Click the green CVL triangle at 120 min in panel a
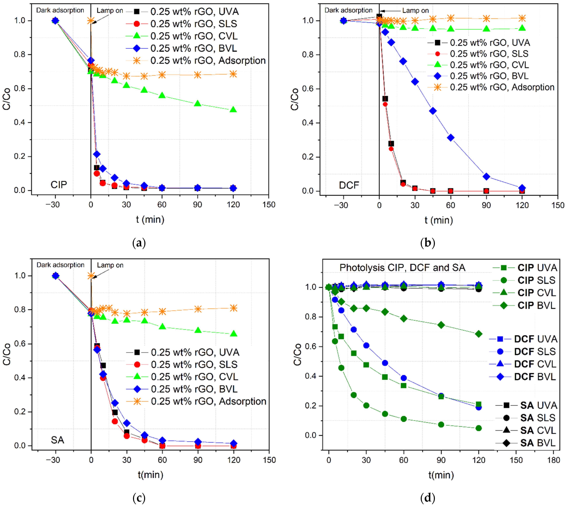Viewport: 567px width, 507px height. (x=233, y=109)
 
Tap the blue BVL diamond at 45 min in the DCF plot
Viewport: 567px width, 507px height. (x=433, y=111)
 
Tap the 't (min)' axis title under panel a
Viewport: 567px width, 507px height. (x=150, y=220)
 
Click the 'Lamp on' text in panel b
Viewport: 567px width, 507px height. (x=415, y=11)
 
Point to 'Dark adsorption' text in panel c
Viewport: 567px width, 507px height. (x=61, y=265)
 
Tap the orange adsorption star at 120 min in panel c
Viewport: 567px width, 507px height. (x=233, y=308)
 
